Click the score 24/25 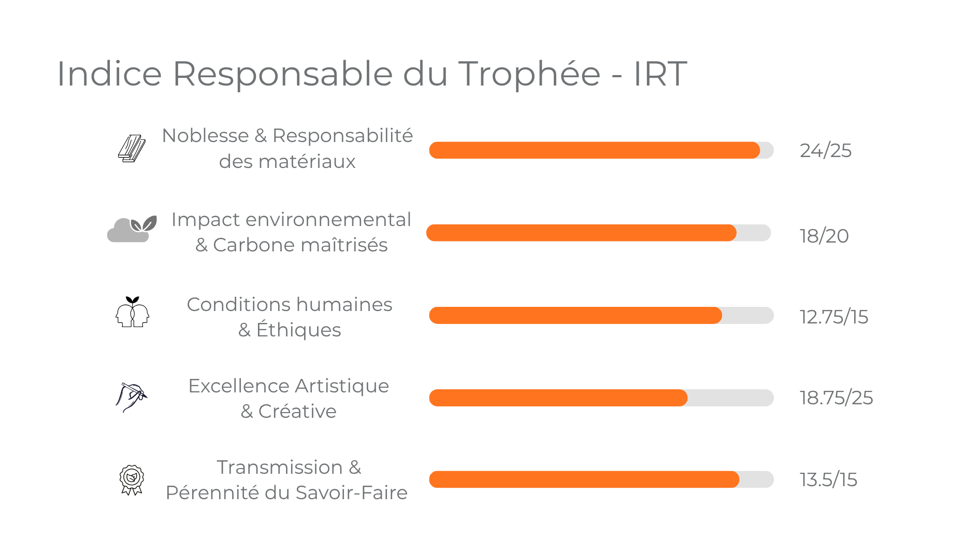(x=825, y=151)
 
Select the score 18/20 (x=824, y=236)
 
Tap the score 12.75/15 (x=833, y=317)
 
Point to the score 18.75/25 (x=836, y=398)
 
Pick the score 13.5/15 (x=828, y=480)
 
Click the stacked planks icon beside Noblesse (x=132, y=149)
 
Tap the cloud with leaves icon (x=132, y=229)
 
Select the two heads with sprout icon (x=132, y=312)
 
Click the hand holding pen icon (x=131, y=397)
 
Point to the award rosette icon (x=132, y=479)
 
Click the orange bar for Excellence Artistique (x=558, y=398)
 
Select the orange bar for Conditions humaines (x=575, y=316)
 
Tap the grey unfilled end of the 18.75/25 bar (x=730, y=398)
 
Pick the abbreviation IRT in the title (x=660, y=74)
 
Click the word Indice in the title (x=109, y=74)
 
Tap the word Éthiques (x=298, y=330)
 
